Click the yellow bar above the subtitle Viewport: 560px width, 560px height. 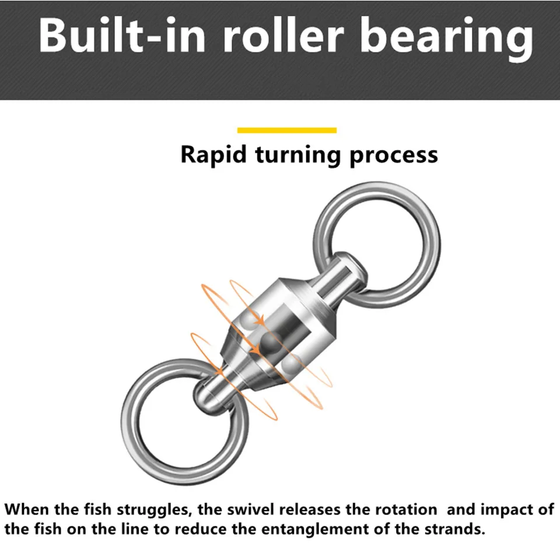click(287, 130)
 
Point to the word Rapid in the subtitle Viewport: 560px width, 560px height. click(213, 155)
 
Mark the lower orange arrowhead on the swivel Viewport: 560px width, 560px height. click(255, 350)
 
